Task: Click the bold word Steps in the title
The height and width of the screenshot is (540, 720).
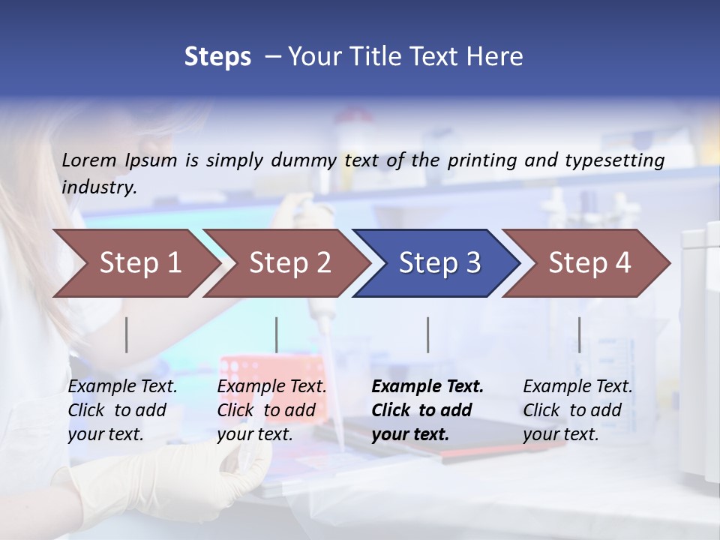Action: pos(217,57)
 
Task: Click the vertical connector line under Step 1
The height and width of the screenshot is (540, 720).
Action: pos(127,334)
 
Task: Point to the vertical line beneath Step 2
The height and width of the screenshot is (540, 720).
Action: pos(276,334)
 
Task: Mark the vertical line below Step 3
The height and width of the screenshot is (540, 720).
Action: pos(427,334)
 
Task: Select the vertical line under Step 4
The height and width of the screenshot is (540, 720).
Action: pos(579,334)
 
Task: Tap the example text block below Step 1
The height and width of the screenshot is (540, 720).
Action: pos(122,410)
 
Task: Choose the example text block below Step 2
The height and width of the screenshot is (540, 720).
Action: pos(271,410)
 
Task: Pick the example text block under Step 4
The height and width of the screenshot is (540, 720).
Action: pos(577,410)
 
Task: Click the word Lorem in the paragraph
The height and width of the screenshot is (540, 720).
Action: pos(89,160)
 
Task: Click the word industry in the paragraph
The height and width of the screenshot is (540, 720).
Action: pos(98,187)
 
